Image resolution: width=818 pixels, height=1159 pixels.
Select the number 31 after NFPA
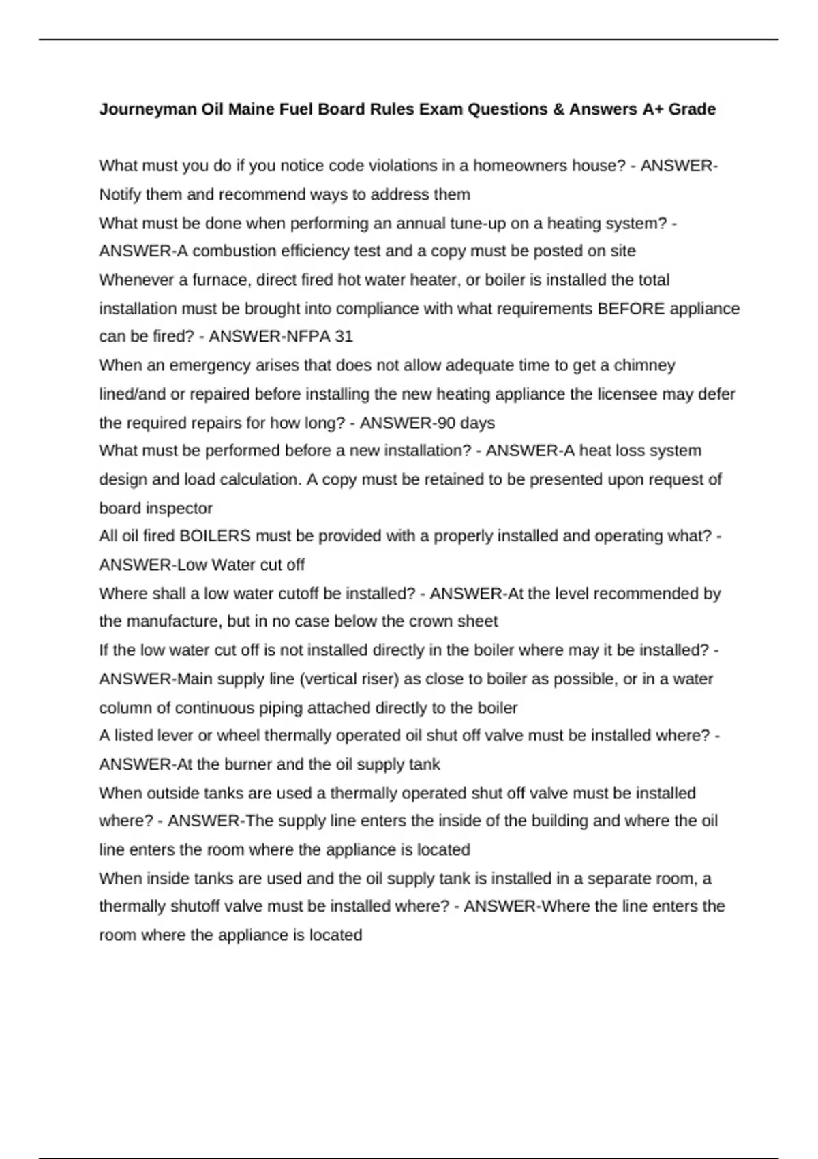[x=344, y=337]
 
